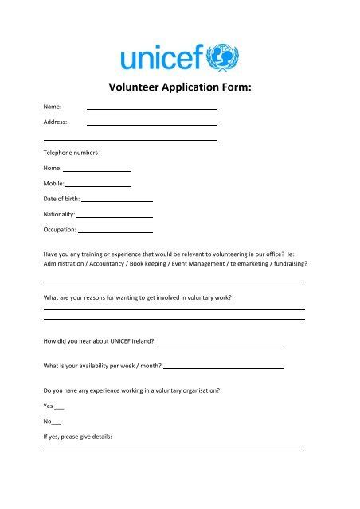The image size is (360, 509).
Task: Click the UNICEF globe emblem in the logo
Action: [x=224, y=58]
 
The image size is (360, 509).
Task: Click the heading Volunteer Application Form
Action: [x=179, y=89]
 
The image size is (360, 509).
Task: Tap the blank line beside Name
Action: [x=151, y=108]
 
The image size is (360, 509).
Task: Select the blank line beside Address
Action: [x=151, y=125]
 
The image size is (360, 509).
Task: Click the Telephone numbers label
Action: [x=71, y=152]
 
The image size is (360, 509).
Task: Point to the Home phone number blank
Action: [x=96, y=170]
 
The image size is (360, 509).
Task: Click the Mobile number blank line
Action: [x=98, y=185]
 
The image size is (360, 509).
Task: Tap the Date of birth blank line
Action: [x=117, y=200]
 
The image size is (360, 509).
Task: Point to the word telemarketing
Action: [x=247, y=263]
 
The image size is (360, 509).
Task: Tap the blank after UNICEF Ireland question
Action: [x=219, y=343]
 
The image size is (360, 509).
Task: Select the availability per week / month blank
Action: [x=223, y=368]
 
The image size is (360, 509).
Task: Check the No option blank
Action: [x=56, y=422]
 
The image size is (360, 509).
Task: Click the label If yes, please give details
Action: [x=78, y=437]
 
